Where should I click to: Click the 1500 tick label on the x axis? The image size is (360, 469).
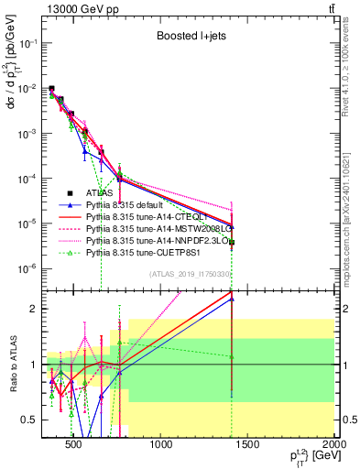coord(248,446)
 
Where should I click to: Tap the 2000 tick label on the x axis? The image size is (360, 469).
coord(334,446)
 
